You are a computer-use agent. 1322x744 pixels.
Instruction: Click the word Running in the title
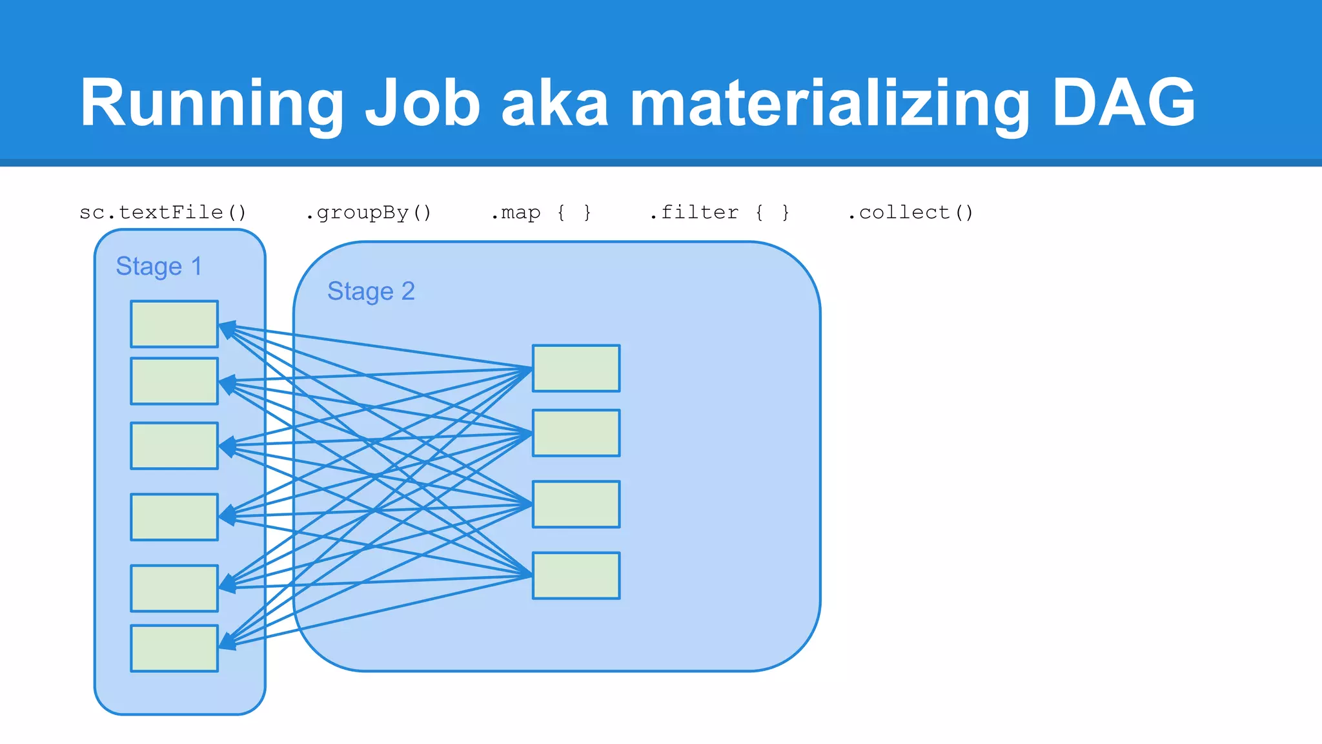[x=212, y=103]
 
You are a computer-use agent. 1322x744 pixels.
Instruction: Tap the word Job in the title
[x=423, y=103]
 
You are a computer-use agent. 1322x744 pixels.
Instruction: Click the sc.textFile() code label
[x=163, y=212]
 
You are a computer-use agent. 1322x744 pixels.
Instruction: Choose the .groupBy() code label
[x=368, y=212]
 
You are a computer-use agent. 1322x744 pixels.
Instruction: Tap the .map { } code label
[x=541, y=212]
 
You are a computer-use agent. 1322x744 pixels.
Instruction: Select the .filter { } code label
[x=719, y=212]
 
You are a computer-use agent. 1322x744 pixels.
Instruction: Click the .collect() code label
[x=910, y=212]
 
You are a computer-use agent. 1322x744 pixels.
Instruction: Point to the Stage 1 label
[x=159, y=266]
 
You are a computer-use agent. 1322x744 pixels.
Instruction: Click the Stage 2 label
[x=371, y=291]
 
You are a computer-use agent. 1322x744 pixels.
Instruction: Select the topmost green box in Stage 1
[x=174, y=324]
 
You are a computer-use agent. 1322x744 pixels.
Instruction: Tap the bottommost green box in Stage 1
[x=174, y=648]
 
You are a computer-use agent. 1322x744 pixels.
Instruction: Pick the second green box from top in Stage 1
[x=174, y=381]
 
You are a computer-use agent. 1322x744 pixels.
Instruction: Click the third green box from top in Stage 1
[x=174, y=446]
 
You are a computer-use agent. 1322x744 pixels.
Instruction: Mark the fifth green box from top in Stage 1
[x=174, y=588]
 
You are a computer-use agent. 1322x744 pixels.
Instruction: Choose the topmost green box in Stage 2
[x=576, y=368]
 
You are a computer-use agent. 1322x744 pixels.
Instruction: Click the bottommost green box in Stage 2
[x=576, y=575]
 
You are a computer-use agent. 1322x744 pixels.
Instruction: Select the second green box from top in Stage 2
[x=576, y=433]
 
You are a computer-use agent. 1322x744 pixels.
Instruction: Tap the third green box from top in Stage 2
[x=576, y=504]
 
